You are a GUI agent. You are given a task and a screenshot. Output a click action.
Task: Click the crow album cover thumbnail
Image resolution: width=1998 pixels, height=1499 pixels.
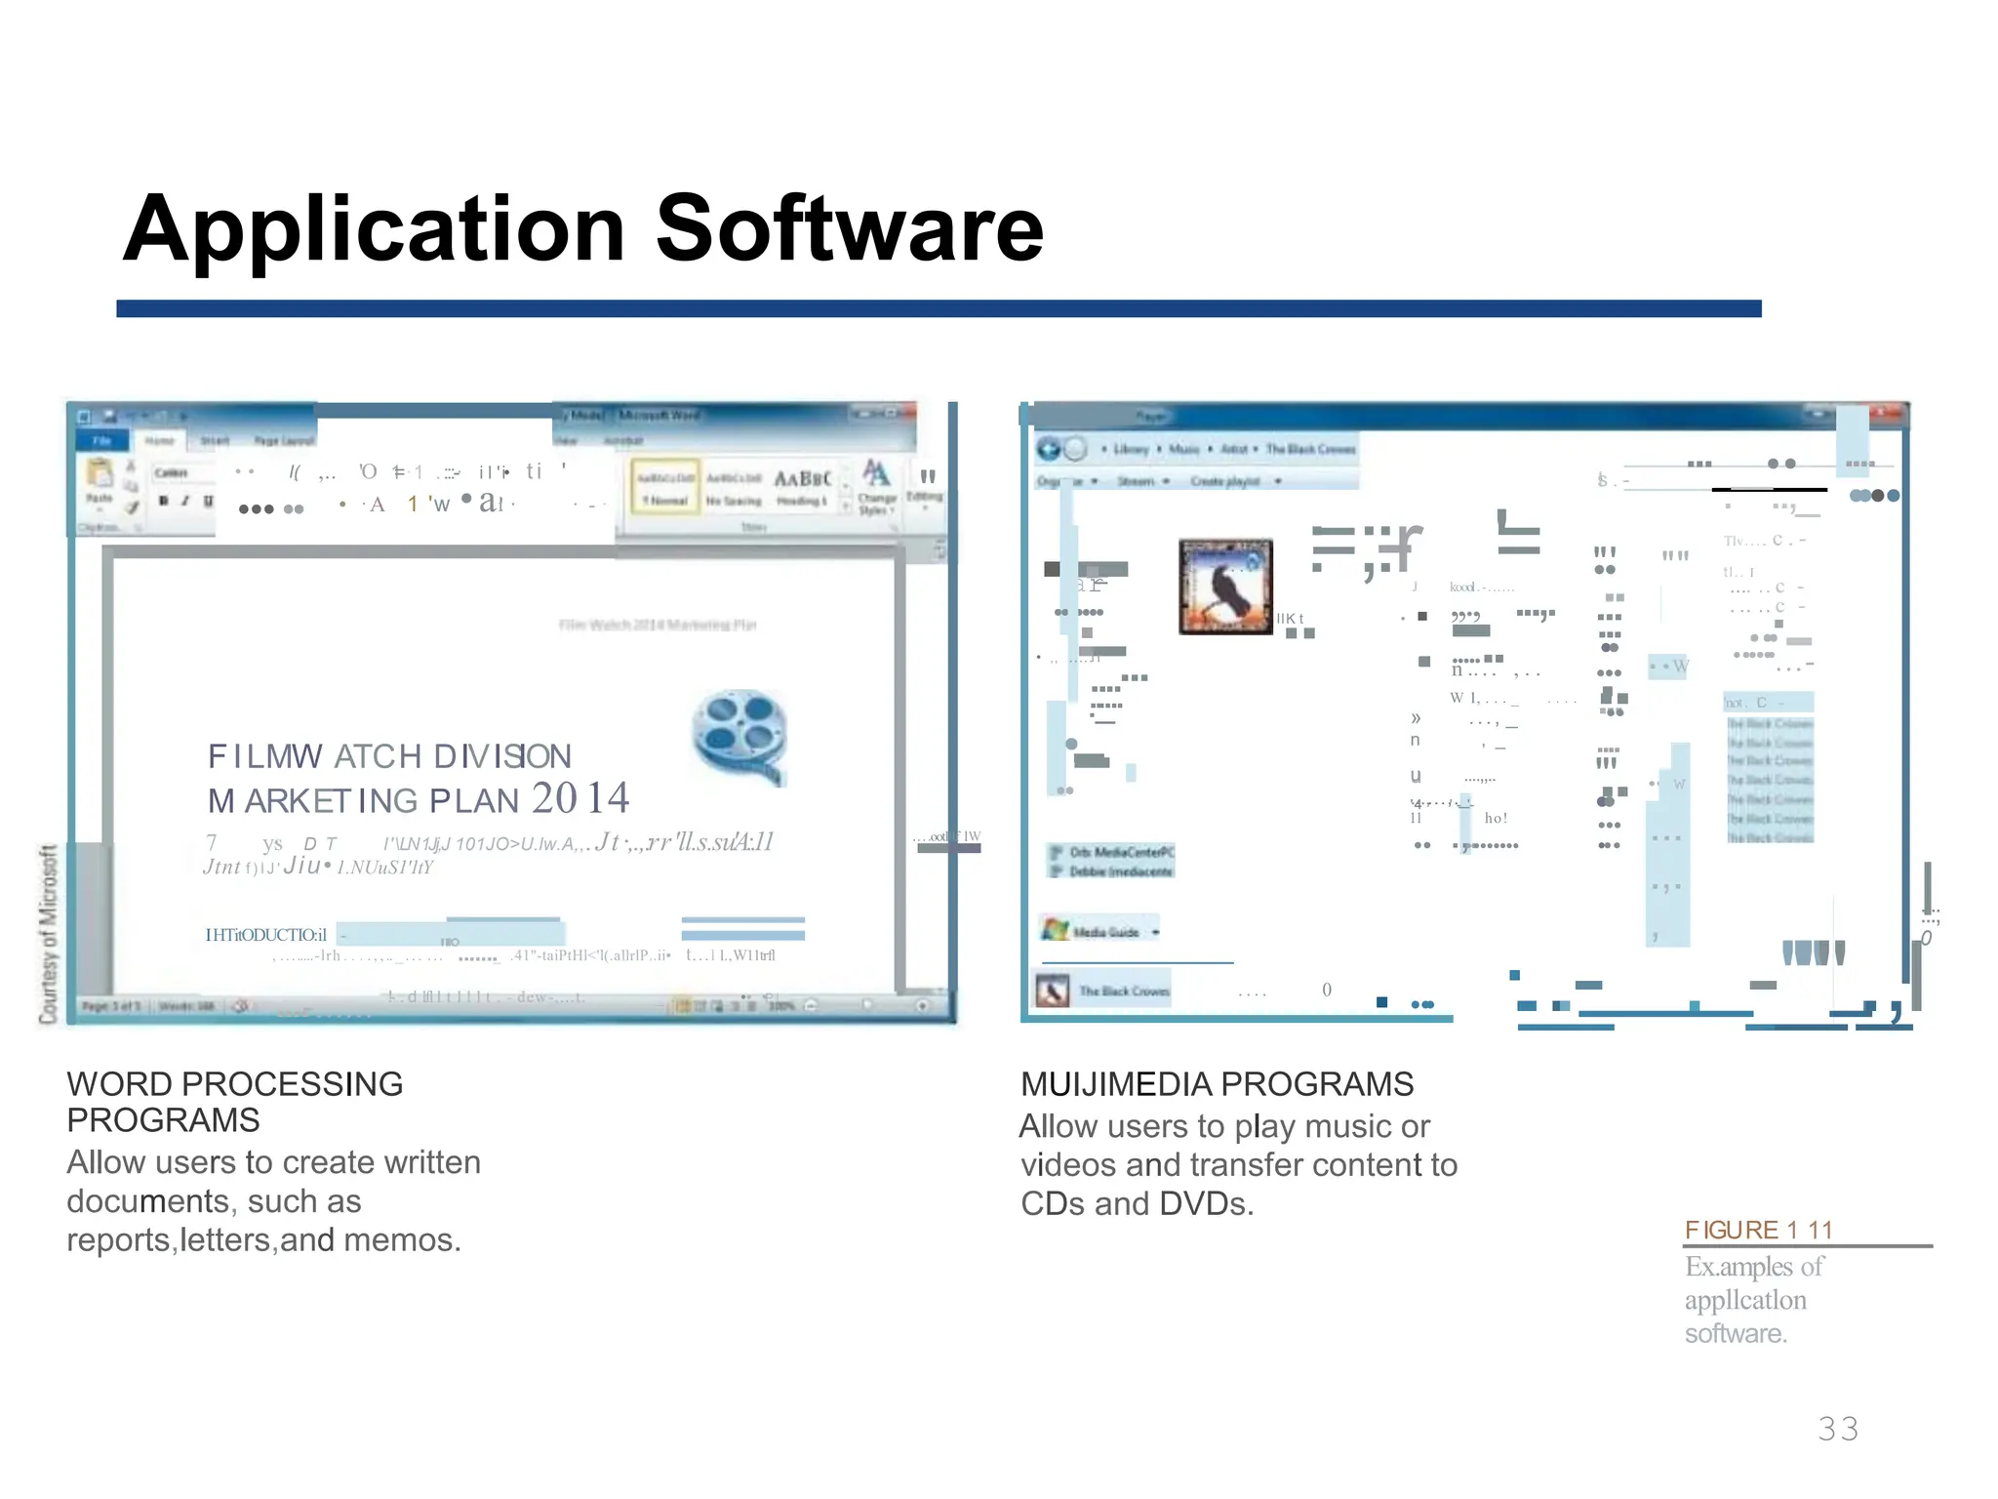[1225, 587]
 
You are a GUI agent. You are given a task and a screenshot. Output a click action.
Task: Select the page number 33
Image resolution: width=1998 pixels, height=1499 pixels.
[1838, 1429]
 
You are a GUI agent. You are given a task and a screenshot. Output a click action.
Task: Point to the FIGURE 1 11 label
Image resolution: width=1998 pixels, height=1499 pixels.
[1758, 1230]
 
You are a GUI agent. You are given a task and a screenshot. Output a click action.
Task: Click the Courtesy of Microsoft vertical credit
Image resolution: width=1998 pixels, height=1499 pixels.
[48, 934]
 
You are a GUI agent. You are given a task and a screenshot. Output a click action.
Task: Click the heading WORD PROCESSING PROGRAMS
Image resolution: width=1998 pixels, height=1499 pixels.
[234, 1102]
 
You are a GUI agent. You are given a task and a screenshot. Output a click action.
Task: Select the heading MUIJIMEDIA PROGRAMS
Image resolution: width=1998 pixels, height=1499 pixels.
[1217, 1084]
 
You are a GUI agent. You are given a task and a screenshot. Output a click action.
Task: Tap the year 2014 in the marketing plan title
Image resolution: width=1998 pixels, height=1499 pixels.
[580, 798]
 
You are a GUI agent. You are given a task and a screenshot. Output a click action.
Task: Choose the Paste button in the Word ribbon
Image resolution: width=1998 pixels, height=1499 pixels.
[100, 482]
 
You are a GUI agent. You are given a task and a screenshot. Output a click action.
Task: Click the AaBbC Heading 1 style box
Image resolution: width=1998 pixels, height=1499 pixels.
[802, 486]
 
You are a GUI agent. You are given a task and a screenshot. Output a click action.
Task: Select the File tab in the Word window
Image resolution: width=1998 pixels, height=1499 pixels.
[102, 440]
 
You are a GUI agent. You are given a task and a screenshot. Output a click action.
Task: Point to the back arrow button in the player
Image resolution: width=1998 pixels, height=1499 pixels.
[1049, 449]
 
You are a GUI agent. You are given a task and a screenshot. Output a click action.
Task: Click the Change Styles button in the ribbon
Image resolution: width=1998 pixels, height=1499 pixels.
[876, 487]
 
